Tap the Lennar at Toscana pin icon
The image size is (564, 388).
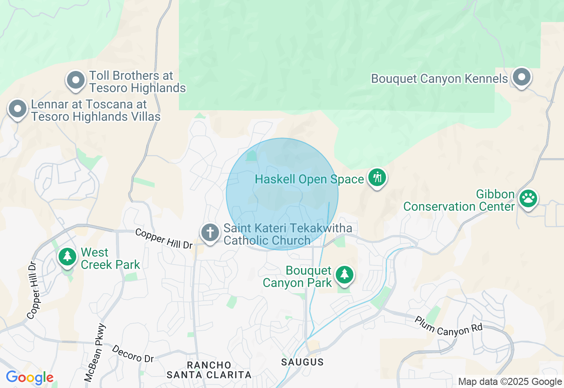click(x=18, y=109)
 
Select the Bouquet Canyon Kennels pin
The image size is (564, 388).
click(x=521, y=77)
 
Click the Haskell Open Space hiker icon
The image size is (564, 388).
click(x=377, y=178)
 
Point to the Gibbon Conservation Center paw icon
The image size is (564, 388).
click(x=528, y=198)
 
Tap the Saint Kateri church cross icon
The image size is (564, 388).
click(x=210, y=232)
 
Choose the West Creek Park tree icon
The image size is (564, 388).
click(x=67, y=256)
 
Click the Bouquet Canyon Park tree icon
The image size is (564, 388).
click(x=344, y=275)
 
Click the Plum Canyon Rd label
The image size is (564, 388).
click(x=449, y=325)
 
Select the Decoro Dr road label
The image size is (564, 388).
click(x=133, y=354)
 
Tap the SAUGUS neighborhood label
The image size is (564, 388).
click(x=302, y=362)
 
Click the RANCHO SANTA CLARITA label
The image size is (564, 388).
click(x=209, y=370)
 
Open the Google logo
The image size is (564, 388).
click(x=30, y=378)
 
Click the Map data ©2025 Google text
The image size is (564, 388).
click(x=510, y=382)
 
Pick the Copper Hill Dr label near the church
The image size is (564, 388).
click(x=164, y=239)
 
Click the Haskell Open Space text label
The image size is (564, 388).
click(x=309, y=179)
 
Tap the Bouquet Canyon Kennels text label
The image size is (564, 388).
click(x=439, y=79)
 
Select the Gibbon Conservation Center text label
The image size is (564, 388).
click(x=459, y=200)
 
